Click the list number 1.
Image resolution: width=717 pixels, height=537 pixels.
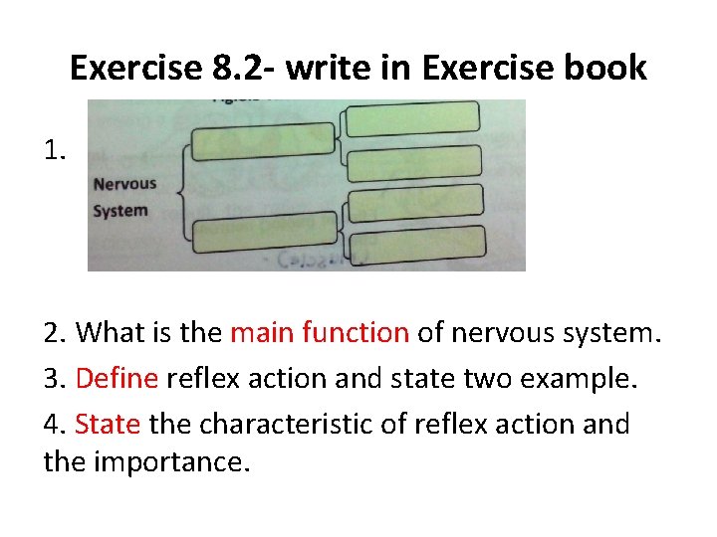pyautogui.click(x=55, y=151)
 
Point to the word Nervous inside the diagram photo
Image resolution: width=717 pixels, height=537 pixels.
pyautogui.click(x=124, y=183)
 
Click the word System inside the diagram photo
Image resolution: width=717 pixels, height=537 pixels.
pyautogui.click(x=119, y=211)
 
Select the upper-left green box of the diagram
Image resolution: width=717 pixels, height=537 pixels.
pyautogui.click(x=262, y=141)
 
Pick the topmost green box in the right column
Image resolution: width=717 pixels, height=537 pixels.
pyautogui.click(x=413, y=119)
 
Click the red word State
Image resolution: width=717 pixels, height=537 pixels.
pyautogui.click(x=108, y=425)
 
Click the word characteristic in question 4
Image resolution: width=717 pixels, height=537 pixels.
pyautogui.click(x=273, y=425)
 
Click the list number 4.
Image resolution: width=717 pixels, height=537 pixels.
pyautogui.click(x=54, y=425)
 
